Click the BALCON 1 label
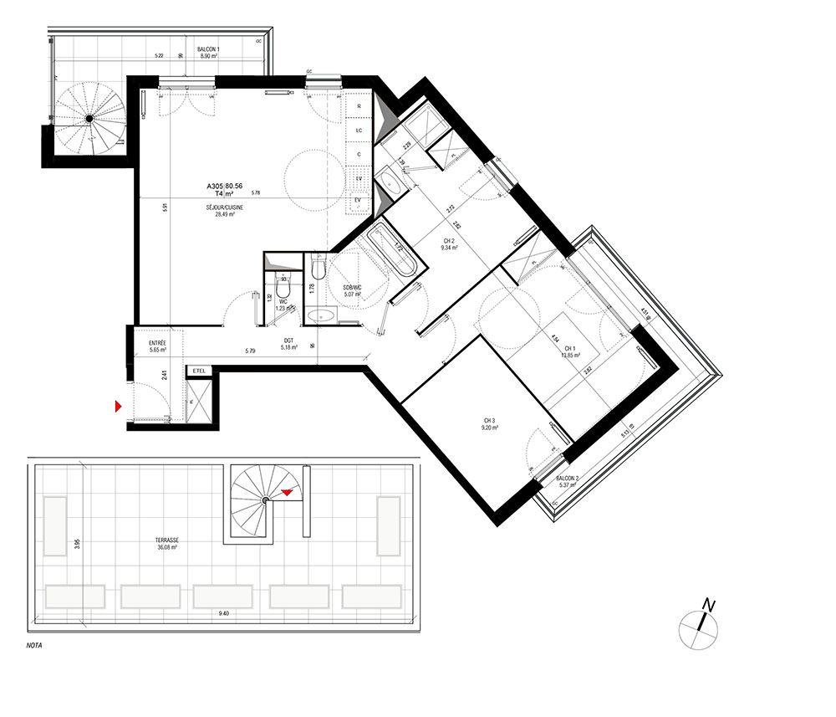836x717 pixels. [208, 50]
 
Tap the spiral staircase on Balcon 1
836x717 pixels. [88, 118]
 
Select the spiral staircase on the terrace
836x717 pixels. [263, 499]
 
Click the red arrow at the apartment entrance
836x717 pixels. [119, 407]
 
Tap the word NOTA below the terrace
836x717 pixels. [35, 645]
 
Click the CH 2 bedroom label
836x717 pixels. [448, 240]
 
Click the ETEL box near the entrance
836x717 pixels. [199, 370]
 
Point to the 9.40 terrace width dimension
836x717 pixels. [223, 614]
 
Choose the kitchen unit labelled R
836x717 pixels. [359, 107]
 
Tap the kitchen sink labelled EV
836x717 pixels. [359, 200]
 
